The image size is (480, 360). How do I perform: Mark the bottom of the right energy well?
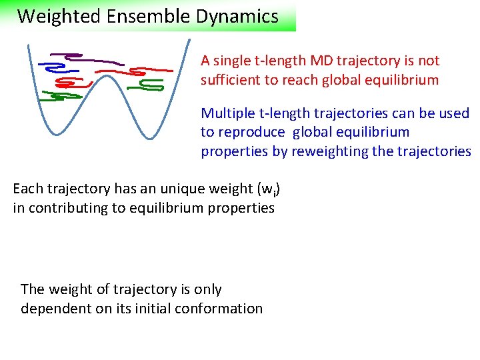[x=151, y=137]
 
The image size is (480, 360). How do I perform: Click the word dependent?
[x=53, y=309]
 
